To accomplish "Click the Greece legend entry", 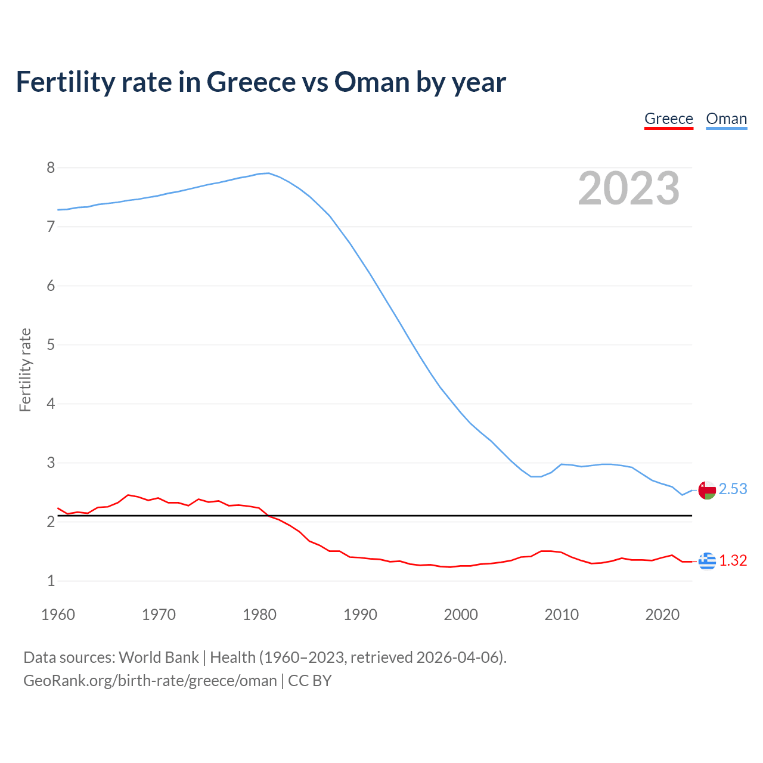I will (x=668, y=119).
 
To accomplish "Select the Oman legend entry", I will (x=726, y=119).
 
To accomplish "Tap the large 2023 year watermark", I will (x=628, y=188).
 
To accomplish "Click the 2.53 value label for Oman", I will (x=733, y=489).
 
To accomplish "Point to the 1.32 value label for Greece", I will (x=733, y=561).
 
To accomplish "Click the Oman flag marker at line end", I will (x=707, y=490).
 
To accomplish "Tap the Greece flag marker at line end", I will (x=707, y=561).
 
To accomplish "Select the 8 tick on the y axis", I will (x=51, y=168).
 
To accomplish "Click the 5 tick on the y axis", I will (x=51, y=345).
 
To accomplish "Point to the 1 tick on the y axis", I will (x=51, y=581).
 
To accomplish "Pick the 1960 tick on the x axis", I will (x=58, y=615).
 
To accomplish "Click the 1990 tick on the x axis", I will (x=360, y=615).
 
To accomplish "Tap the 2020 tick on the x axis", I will (x=662, y=615).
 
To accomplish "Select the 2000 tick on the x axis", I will (x=461, y=615).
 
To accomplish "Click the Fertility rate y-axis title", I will (x=25, y=370).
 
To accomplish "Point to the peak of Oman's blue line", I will (x=268, y=173).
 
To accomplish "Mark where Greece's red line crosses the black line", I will (x=268, y=515).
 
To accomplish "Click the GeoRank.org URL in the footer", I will (x=150, y=681).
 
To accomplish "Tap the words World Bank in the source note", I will (x=159, y=657).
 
